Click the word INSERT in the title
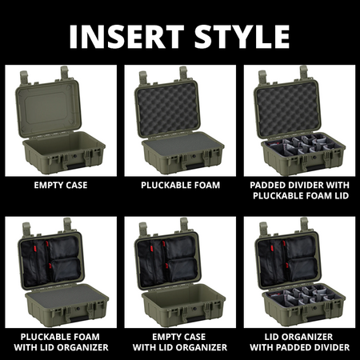(126, 37)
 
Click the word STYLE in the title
(242, 37)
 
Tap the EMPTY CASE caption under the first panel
(61, 185)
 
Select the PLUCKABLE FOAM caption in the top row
(181, 185)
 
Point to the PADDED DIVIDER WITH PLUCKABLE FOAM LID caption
(300, 190)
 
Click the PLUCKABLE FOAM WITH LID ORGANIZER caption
(61, 342)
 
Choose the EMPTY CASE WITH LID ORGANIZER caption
(180, 342)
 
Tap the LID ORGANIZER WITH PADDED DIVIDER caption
(299, 342)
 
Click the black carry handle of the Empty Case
(74, 166)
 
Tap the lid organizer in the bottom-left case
(51, 261)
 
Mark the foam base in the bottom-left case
(66, 296)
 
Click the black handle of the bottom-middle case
(194, 318)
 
